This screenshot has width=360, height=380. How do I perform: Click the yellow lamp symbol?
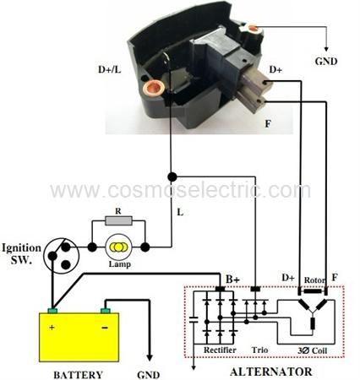118,247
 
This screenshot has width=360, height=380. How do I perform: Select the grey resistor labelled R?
118,220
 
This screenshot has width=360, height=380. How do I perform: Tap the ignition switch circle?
62,256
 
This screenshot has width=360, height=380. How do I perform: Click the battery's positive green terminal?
52,311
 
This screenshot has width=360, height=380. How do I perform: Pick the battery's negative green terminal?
106,311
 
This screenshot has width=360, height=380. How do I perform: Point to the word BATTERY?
79,375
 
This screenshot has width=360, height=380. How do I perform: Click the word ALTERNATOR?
271,372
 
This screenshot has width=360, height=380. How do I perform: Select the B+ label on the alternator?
233,280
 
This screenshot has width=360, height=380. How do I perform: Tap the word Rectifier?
220,350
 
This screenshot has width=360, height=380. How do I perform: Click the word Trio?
259,350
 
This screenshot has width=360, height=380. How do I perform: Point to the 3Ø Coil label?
313,350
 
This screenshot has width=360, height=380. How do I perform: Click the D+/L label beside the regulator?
110,69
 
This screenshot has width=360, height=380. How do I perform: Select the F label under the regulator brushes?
268,123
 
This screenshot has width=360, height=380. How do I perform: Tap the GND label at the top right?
326,62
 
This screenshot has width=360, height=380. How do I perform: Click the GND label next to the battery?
149,375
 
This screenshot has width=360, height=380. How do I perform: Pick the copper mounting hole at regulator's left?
154,89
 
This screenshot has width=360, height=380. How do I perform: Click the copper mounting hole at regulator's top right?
253,28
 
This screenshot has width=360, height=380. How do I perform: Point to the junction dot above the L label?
172,176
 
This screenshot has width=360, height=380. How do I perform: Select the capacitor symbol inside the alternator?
194,319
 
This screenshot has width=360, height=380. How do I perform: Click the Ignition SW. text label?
21,254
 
